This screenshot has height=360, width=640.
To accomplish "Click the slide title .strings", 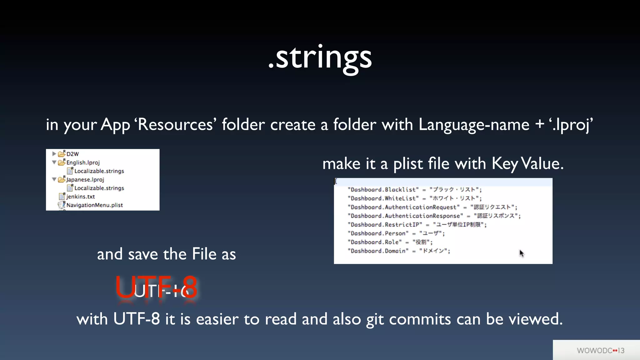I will coord(320,58).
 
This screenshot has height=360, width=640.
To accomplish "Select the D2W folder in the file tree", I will coord(72,154).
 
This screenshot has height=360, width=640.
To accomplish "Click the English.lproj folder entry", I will coord(83,162).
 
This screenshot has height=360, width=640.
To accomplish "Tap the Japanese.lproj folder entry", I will coord(85,180).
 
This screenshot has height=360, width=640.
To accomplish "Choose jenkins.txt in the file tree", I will coord(80,197).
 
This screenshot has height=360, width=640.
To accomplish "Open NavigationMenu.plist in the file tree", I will coord(94,205).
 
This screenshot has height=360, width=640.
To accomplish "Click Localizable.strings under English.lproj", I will coord(99,171).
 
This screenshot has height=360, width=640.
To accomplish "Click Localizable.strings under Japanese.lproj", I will coord(99,188).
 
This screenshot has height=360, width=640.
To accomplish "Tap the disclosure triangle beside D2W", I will coord(54,154).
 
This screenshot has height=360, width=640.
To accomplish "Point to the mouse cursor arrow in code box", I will coord(521,253).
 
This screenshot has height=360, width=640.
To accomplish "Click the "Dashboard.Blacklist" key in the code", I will coord(383,190).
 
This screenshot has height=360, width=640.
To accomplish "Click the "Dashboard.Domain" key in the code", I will coord(378,251).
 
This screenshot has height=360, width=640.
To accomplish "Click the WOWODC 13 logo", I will coord(600,350).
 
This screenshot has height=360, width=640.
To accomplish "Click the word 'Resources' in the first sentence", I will coord(175,125).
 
